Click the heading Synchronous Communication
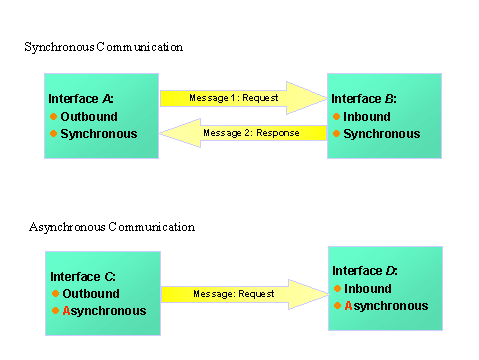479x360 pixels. coord(104,47)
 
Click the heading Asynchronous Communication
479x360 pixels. coord(112,227)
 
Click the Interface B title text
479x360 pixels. coord(363,99)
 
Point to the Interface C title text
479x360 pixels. coord(83,276)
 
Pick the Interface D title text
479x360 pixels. coord(364,271)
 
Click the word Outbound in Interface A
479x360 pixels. coord(88,116)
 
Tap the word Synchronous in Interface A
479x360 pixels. coord(98,133)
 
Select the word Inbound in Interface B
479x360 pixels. coord(367,116)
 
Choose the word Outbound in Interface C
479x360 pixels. coord(91,294)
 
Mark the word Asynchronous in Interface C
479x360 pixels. coord(104,311)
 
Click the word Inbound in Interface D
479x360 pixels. coord(367,289)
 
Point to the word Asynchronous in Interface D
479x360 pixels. coord(386,306)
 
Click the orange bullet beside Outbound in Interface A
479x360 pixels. coord(54,116)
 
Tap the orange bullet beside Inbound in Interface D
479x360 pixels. coord(337,289)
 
